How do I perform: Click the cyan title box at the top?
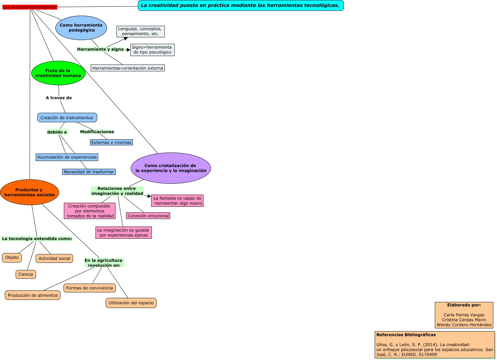click(x=241, y=5)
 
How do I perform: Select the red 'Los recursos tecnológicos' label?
click(x=30, y=7)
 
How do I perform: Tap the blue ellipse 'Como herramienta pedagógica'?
click(x=81, y=28)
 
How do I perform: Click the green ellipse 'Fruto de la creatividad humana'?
click(x=58, y=73)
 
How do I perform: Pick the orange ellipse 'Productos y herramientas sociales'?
click(x=30, y=192)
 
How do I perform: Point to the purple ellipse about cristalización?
click(x=171, y=168)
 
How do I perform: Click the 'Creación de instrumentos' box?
click(x=67, y=118)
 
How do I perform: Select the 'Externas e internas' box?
click(x=111, y=143)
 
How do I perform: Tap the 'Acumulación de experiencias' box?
click(x=67, y=157)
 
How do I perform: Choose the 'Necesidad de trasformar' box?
click(x=89, y=172)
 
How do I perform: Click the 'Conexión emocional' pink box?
click(x=148, y=216)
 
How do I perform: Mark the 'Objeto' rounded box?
click(x=12, y=258)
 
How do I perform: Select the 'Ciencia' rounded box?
click(x=26, y=274)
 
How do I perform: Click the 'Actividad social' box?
click(x=54, y=258)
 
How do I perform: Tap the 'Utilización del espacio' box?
click(x=131, y=303)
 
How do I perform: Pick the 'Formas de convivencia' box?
click(x=90, y=288)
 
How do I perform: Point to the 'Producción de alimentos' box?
click(x=33, y=295)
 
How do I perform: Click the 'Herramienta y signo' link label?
click(x=100, y=49)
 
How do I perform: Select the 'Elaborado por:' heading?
click(x=464, y=305)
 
